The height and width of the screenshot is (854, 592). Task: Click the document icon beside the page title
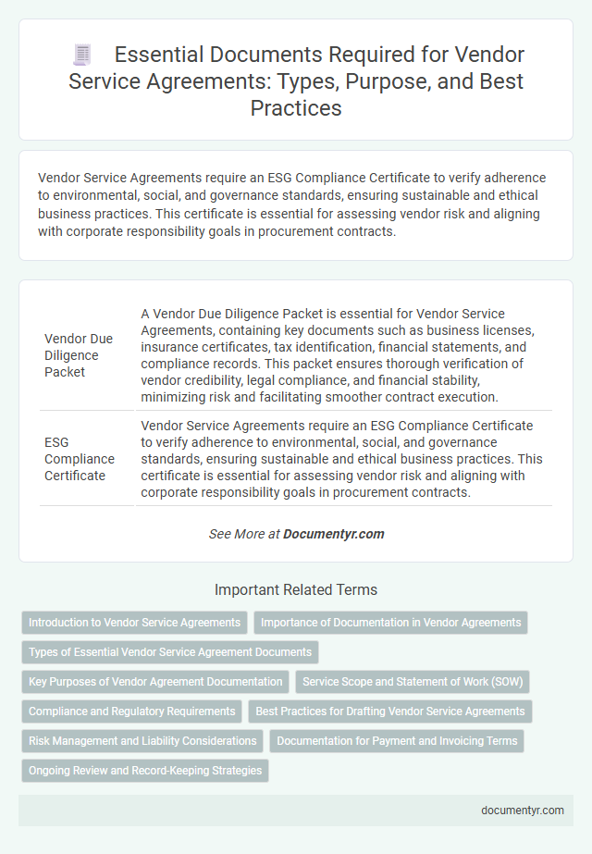point(80,56)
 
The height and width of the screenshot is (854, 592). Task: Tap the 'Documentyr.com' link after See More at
point(334,534)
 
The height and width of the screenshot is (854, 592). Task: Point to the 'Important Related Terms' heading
point(296,589)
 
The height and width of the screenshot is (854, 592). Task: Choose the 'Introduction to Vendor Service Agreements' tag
point(134,623)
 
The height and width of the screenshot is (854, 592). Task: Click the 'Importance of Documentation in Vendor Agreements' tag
point(390,623)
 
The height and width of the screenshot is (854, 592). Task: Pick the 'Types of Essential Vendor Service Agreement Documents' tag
point(170,652)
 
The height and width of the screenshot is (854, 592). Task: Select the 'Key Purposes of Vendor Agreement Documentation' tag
point(155,682)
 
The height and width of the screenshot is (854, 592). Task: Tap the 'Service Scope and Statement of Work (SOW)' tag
point(413,682)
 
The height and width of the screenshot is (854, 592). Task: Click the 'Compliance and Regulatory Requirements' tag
point(132,712)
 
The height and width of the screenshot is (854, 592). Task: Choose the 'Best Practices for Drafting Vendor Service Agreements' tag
point(390,712)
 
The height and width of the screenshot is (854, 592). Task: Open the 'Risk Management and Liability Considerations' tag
point(142,741)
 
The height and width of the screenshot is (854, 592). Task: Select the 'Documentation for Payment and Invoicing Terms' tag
point(396,741)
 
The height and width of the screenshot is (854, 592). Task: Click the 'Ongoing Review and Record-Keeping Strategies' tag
point(145,771)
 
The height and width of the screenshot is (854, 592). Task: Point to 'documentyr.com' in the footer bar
point(523,810)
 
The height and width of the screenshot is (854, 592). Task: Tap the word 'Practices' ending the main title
point(296,107)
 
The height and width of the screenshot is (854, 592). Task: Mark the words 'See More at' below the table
point(244,534)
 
